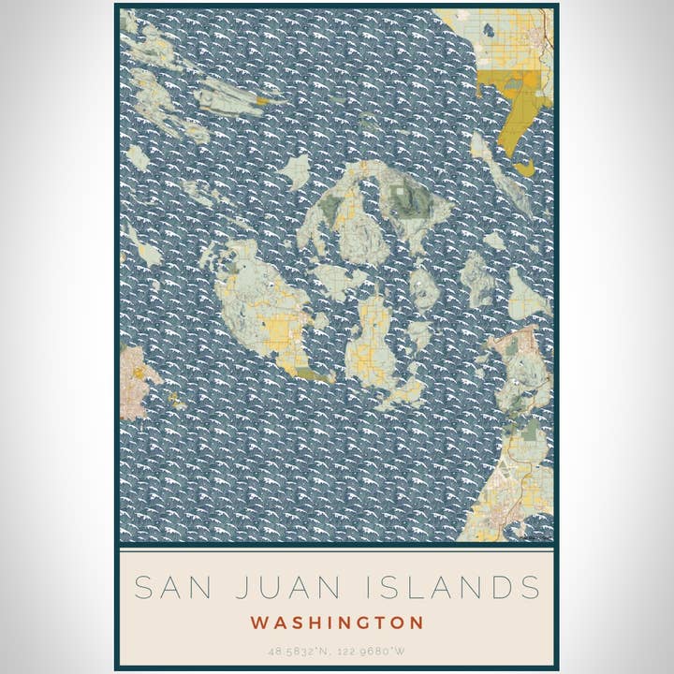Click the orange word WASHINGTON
[337, 623]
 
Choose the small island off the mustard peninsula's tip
[524, 168]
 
